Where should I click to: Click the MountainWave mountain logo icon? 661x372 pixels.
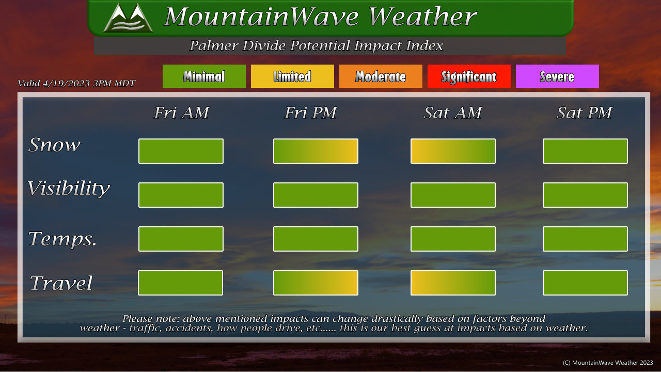128,18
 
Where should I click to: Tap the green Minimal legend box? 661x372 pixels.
204,76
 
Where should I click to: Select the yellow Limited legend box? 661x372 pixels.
292,76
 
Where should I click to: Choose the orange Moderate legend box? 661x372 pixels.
381,76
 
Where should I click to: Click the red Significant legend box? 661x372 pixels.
469,76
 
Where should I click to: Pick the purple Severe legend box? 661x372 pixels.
557,76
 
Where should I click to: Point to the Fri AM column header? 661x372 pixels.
181,113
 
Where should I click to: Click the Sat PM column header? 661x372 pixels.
584,113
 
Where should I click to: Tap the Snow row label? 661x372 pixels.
54,145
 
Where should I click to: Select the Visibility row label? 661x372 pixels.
69,189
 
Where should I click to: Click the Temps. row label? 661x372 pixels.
62,239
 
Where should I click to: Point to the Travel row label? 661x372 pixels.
61,283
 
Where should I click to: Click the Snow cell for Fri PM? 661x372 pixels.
316,151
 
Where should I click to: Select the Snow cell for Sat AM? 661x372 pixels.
453,151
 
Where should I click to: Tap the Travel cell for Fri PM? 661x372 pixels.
316,283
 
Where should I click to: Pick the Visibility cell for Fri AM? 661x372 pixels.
181,195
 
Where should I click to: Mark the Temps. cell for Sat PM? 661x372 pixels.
585,239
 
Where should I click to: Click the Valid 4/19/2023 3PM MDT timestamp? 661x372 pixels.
76,84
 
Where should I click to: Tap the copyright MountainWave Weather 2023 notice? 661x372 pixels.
608,363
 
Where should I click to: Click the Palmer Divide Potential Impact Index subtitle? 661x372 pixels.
316,45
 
